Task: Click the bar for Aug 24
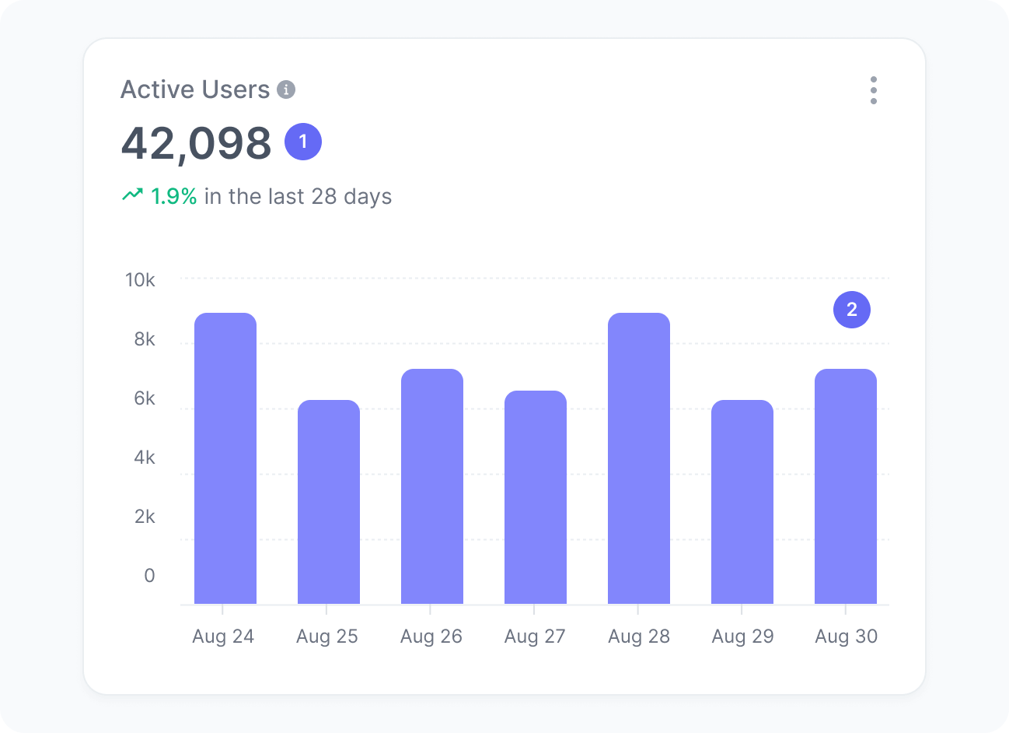click(x=225, y=458)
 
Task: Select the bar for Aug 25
click(x=328, y=502)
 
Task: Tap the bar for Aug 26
click(x=431, y=486)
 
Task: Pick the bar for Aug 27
click(x=535, y=497)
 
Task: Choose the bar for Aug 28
click(x=638, y=458)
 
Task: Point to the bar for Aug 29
click(x=742, y=502)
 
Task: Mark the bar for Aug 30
click(x=845, y=486)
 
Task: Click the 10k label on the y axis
click(x=140, y=280)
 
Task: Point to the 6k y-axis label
click(x=145, y=398)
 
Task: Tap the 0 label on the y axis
click(x=149, y=576)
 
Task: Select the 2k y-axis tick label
click(x=145, y=517)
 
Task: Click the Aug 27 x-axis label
click(x=535, y=637)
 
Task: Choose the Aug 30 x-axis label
click(x=846, y=637)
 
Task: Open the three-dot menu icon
click(x=874, y=90)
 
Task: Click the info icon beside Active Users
click(x=286, y=90)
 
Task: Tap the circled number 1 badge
click(x=303, y=142)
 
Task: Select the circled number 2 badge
click(x=852, y=310)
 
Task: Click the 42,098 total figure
click(x=196, y=143)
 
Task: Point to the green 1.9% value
click(x=173, y=196)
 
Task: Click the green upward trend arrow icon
click(x=132, y=195)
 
